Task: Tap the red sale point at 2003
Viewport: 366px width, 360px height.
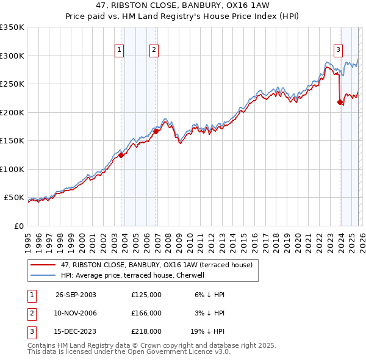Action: (x=121, y=155)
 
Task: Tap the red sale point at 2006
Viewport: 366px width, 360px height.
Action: (x=156, y=131)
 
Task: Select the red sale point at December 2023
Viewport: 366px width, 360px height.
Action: (x=340, y=102)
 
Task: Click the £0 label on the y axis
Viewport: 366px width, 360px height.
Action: (x=19, y=226)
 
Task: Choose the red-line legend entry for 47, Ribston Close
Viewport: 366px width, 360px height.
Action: (x=160, y=265)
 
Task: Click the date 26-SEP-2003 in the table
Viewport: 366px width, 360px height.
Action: (x=76, y=295)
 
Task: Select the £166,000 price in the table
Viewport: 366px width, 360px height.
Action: (x=146, y=313)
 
